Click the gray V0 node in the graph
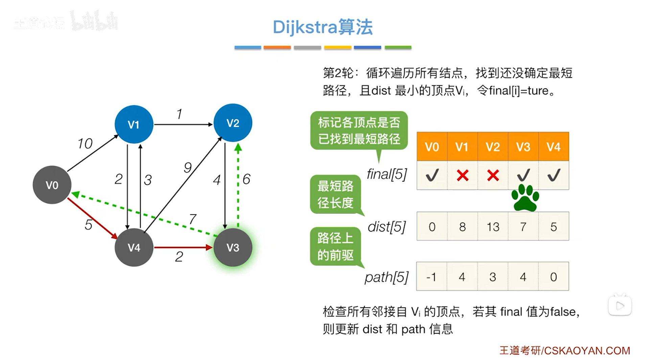tap(52, 185)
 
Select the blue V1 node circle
tap(134, 124)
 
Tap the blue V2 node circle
tap(233, 123)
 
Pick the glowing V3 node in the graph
tap(233, 247)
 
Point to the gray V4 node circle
tap(134, 247)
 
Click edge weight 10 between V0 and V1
tap(85, 143)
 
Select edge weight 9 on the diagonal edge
tap(188, 167)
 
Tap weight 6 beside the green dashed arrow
tap(247, 179)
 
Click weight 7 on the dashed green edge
tap(192, 219)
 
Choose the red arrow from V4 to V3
tap(183, 248)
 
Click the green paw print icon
tap(525, 198)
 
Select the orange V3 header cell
tap(523, 147)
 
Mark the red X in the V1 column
tap(462, 175)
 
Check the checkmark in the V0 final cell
tap(432, 175)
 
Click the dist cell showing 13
tap(493, 226)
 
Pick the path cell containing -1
tap(432, 277)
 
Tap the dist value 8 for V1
tap(462, 226)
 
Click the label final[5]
tap(387, 174)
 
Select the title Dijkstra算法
tap(323, 27)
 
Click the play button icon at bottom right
tap(620, 306)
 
